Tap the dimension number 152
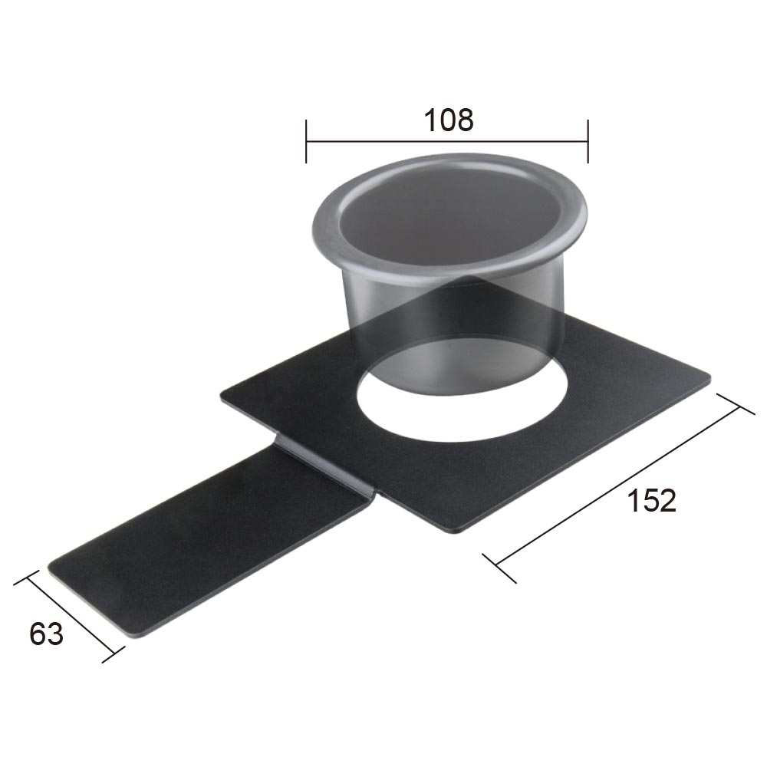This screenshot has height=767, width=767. [x=652, y=501]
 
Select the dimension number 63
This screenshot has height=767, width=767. [x=46, y=634]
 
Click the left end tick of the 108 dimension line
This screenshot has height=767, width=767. [x=306, y=141]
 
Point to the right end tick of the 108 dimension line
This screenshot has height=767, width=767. [x=588, y=141]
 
